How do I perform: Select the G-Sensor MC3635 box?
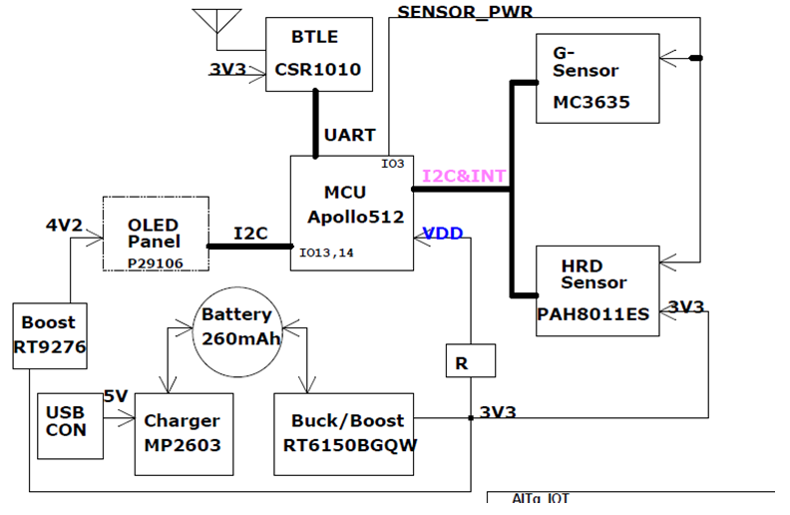(x=597, y=79)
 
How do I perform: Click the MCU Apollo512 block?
(x=351, y=212)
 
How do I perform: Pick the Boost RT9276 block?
(x=49, y=335)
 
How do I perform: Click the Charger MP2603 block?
(x=182, y=433)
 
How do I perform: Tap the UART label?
(x=350, y=135)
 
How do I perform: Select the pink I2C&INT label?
(x=464, y=177)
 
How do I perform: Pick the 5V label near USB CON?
(x=115, y=395)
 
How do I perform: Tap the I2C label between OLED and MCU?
(x=248, y=233)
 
